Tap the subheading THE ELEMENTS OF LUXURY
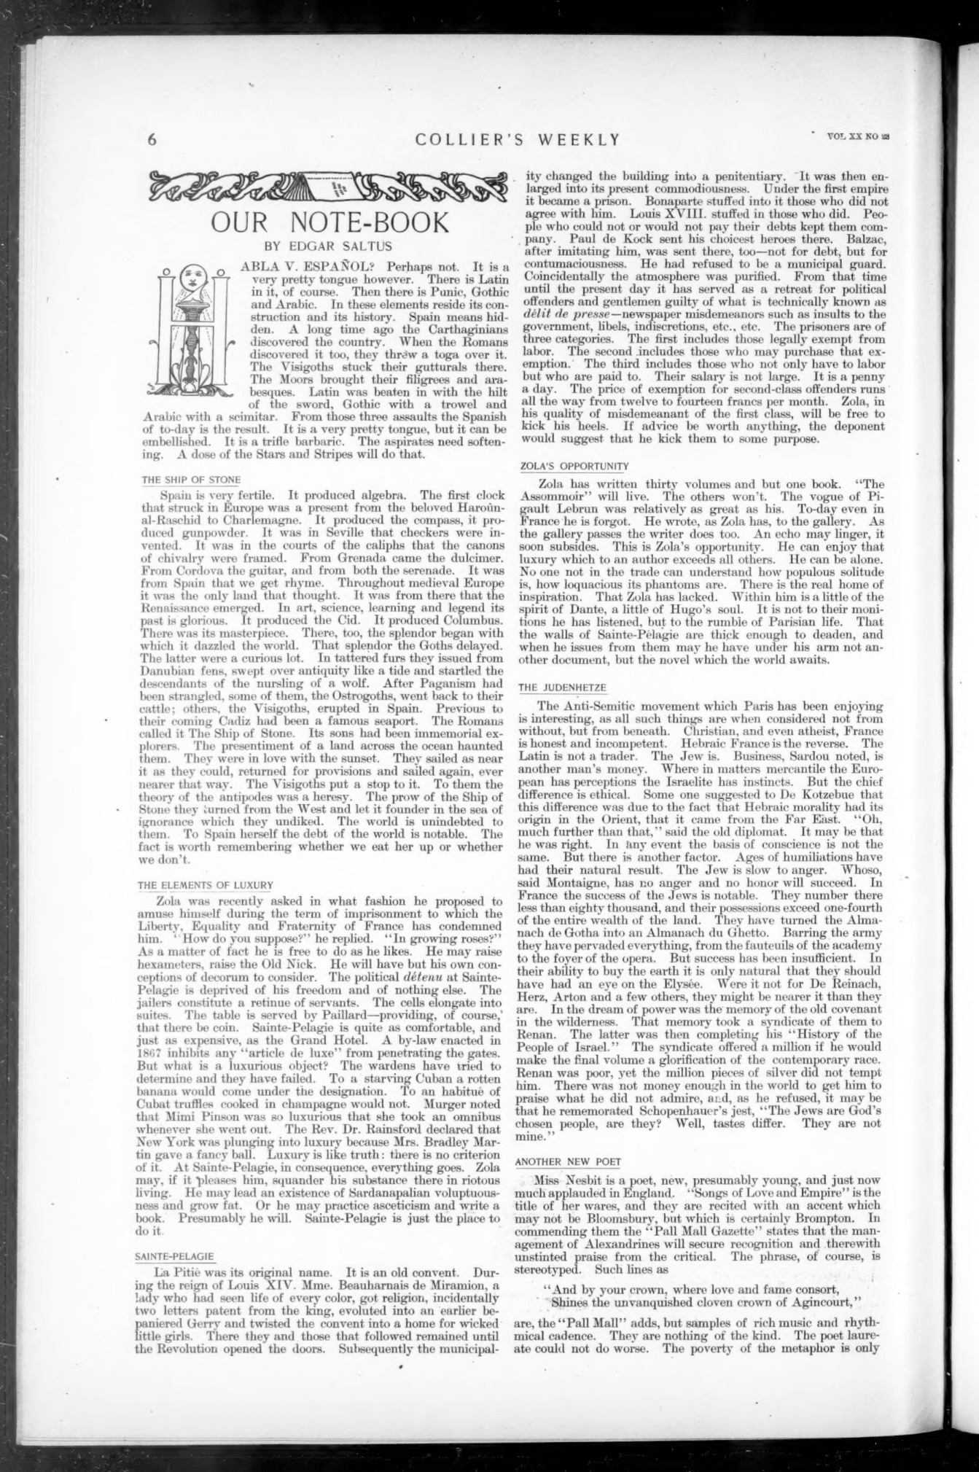click(206, 885)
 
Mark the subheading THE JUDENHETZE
click(561, 687)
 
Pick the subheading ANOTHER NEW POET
click(567, 1161)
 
